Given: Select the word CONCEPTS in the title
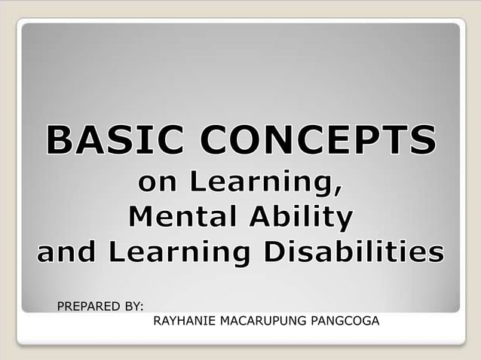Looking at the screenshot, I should tap(311, 142).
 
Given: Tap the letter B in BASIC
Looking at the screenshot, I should tap(59, 142).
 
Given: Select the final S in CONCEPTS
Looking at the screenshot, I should tap(422, 142).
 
